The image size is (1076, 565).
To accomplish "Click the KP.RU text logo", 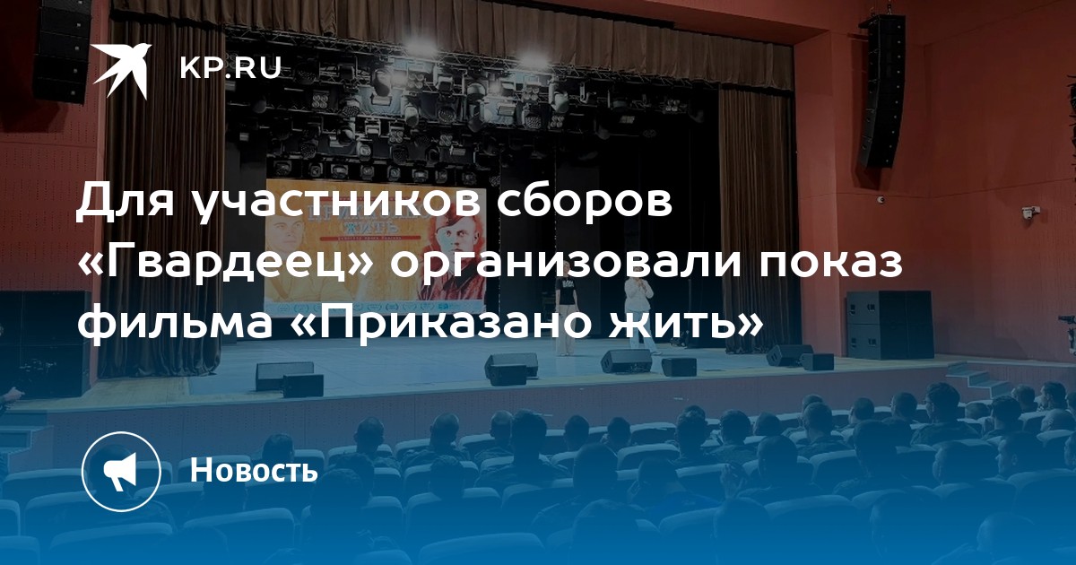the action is tap(231, 68).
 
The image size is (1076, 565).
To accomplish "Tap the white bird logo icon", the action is tap(122, 70).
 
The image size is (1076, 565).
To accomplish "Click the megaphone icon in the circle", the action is tap(121, 471).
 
